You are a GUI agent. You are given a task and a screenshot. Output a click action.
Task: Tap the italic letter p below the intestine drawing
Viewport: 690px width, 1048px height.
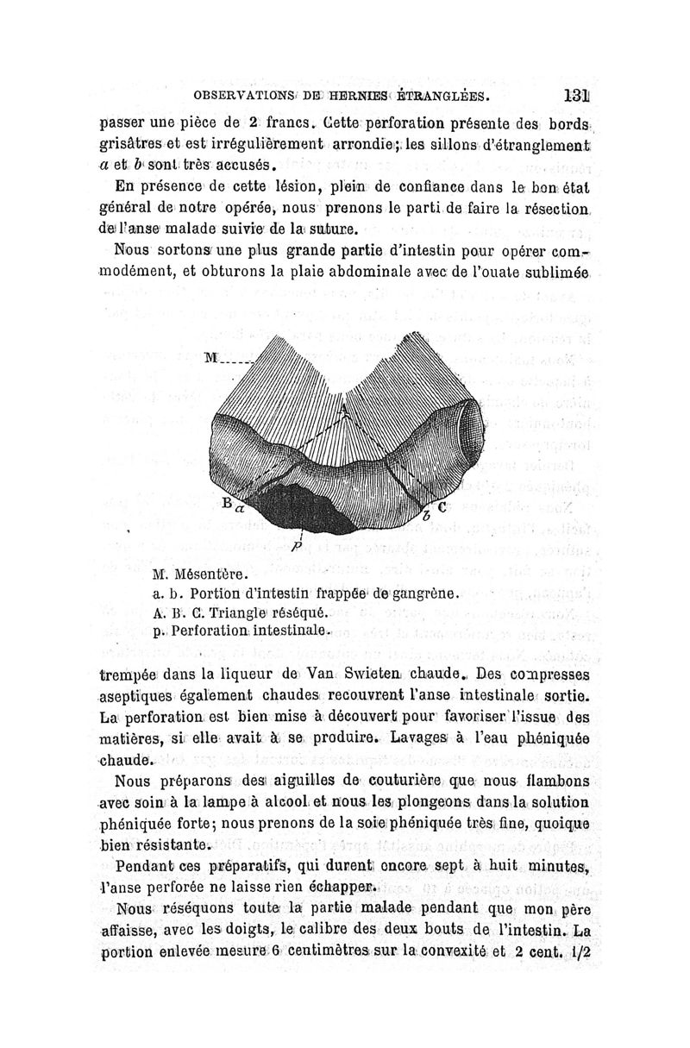tap(296, 545)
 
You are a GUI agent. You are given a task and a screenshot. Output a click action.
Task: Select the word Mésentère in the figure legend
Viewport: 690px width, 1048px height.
tap(210, 574)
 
